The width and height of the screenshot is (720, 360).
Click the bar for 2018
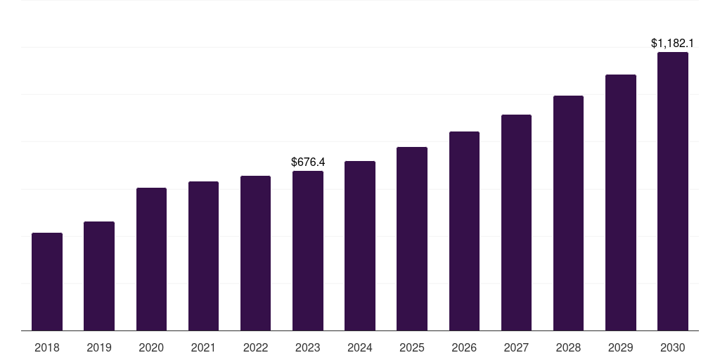tap(47, 281)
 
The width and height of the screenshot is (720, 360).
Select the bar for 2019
tap(99, 276)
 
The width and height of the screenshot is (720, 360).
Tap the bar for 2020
tap(151, 259)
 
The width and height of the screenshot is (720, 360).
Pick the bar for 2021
tap(203, 256)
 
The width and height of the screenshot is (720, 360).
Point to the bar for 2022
tap(255, 253)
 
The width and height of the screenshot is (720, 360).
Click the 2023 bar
tap(308, 250)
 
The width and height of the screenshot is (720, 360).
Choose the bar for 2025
tap(412, 238)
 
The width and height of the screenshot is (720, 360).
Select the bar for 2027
tap(516, 222)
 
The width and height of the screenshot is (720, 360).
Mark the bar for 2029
tap(620, 202)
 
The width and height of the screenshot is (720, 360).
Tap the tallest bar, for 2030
tap(672, 191)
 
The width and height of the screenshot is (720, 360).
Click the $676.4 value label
tap(308, 162)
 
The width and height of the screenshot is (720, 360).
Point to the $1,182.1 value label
tap(672, 44)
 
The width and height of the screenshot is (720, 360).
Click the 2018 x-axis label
tap(47, 347)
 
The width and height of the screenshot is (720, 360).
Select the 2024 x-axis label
tap(360, 347)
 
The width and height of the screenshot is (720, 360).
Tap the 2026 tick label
tap(464, 347)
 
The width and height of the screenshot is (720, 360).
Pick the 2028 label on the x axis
tap(568, 347)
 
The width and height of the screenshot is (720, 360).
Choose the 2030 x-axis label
tap(672, 347)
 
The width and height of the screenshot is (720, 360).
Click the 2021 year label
tap(203, 347)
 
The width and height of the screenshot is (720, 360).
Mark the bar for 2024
tap(360, 245)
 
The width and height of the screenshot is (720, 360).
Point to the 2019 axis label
tap(99, 347)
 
